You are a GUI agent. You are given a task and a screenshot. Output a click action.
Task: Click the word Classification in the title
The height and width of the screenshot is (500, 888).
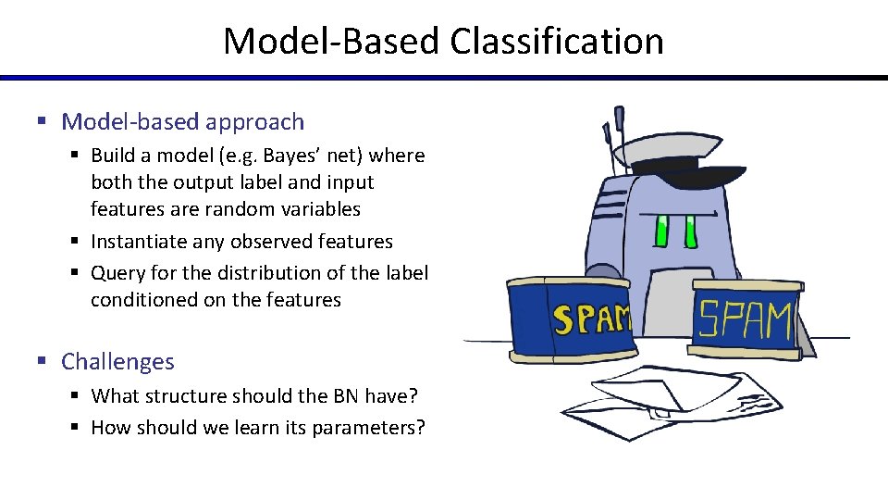(557, 42)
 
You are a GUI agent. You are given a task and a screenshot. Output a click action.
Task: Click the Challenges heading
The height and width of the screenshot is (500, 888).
(117, 361)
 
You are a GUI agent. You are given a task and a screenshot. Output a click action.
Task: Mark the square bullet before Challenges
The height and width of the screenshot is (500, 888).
(42, 362)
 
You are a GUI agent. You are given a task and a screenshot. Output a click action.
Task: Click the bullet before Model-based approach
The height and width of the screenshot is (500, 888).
(42, 122)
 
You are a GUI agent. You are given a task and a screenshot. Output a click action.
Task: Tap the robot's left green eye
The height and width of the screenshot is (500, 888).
(661, 230)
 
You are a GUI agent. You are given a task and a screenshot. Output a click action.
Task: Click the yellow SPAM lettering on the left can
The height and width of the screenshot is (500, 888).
(590, 319)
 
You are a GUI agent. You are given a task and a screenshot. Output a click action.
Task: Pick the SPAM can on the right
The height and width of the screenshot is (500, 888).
(745, 319)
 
